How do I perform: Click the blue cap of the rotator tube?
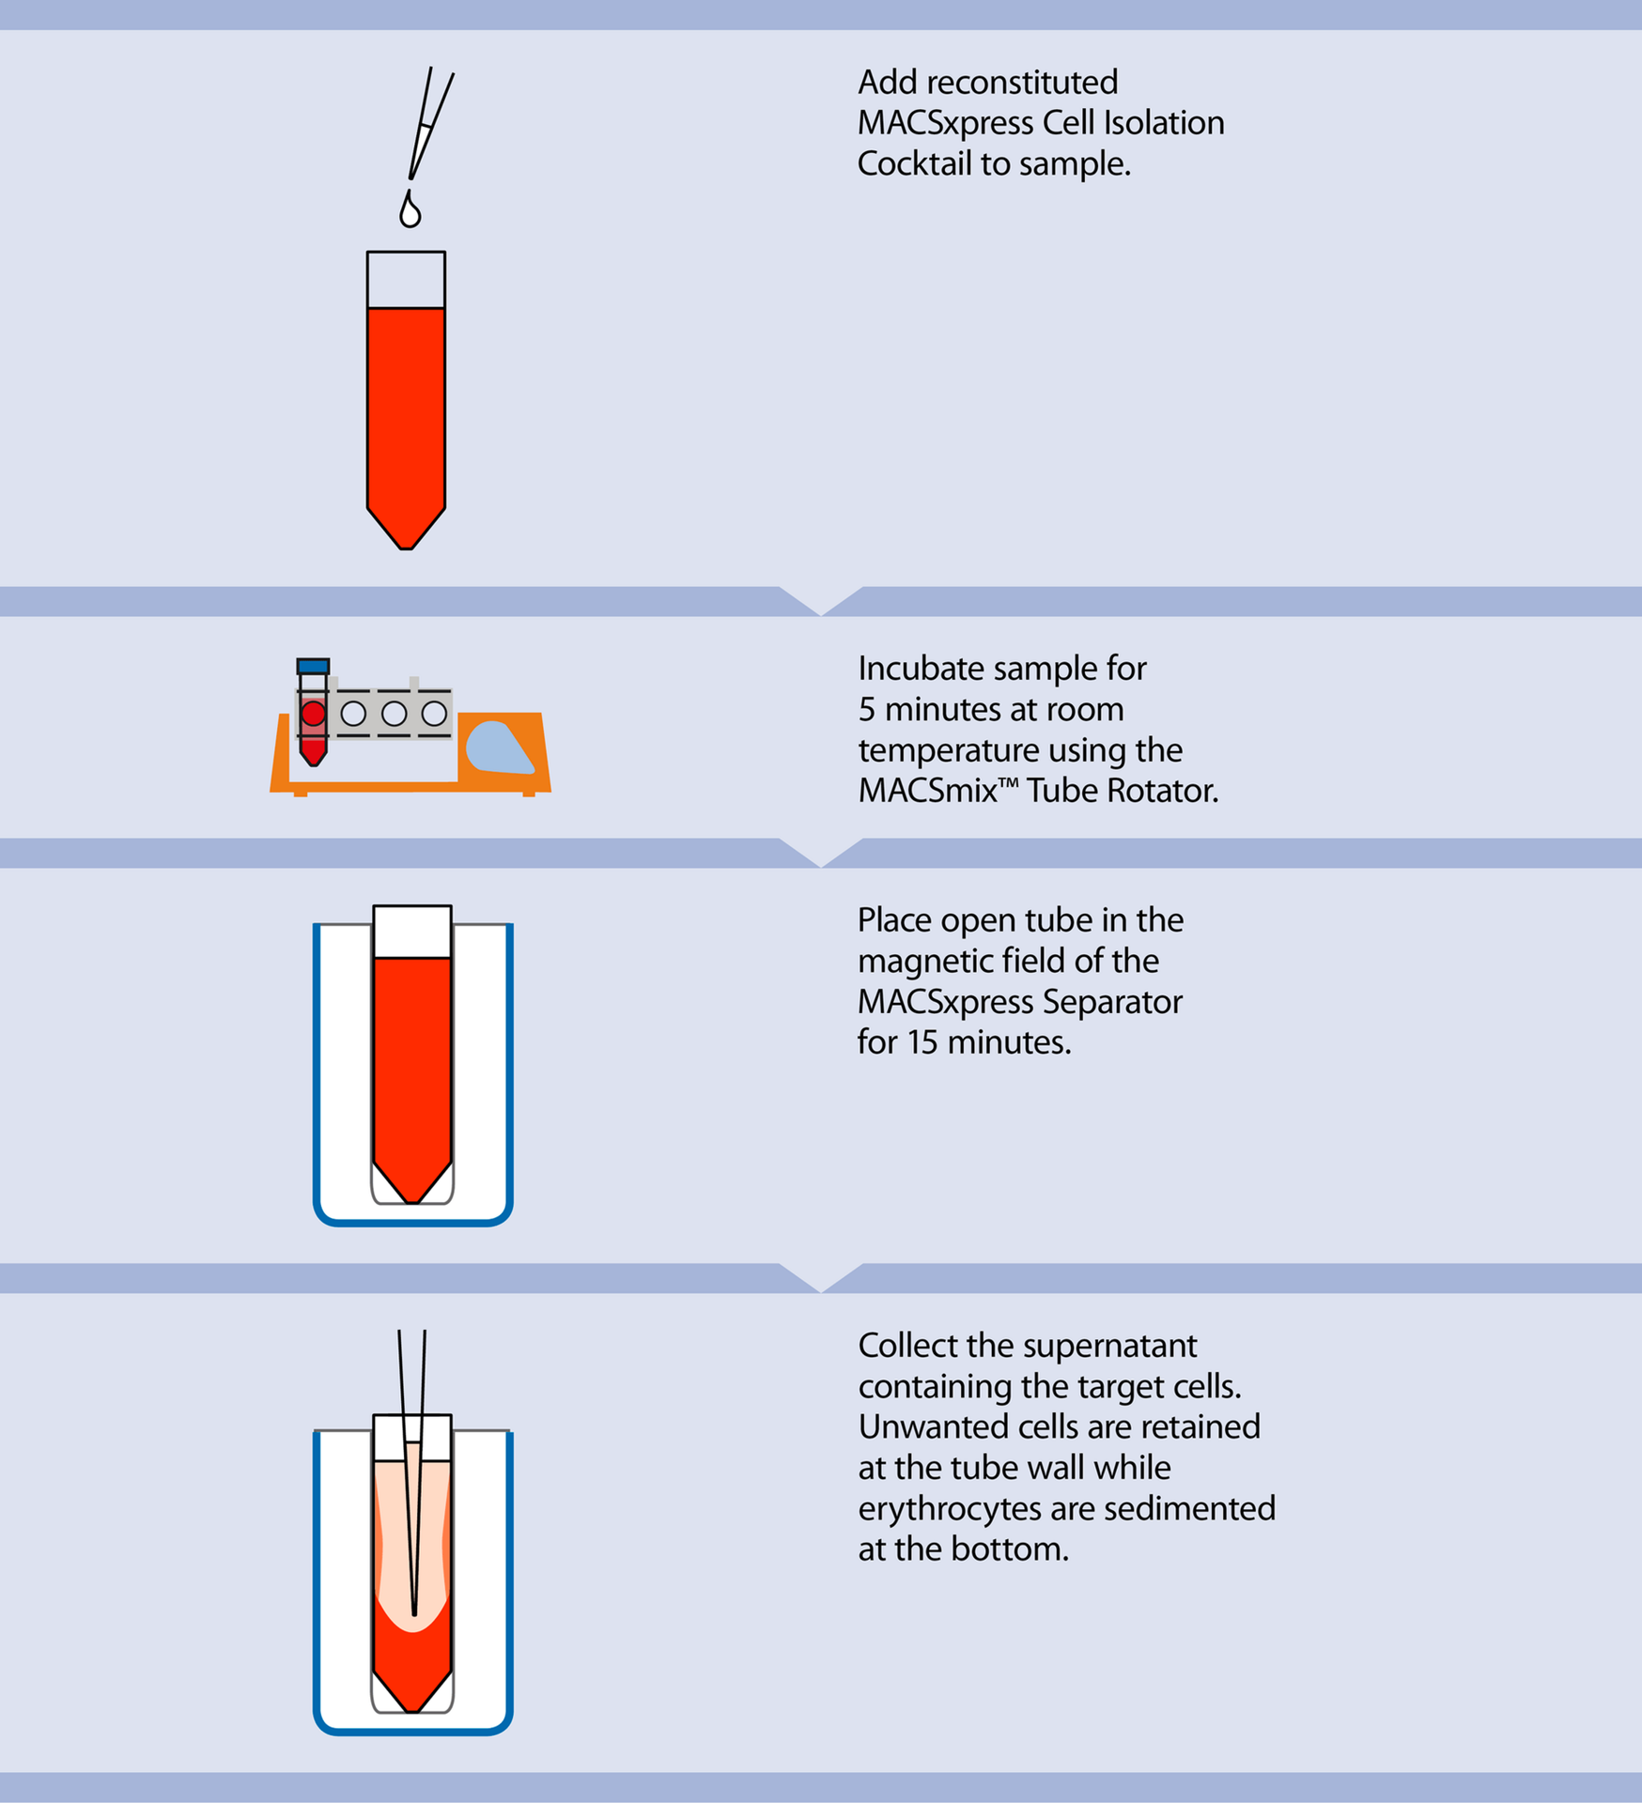[313, 666]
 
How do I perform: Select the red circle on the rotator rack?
[313, 714]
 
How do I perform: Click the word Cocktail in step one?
[914, 164]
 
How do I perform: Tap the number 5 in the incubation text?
[866, 710]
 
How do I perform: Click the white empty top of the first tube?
[406, 280]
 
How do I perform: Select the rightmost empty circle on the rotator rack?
[434, 714]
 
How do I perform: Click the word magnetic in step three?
[915, 961]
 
